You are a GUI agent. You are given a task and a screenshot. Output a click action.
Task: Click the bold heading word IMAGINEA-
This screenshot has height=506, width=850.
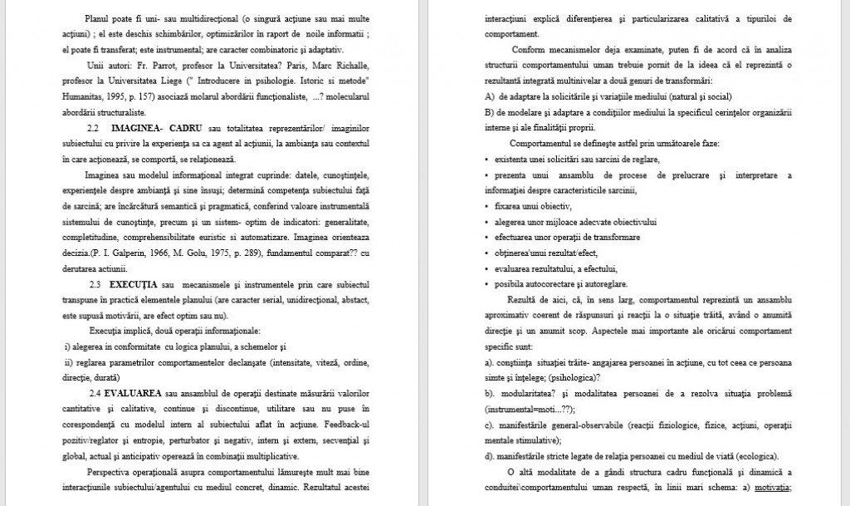coord(138,129)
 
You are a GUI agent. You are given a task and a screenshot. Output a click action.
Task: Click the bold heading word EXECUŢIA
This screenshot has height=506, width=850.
coord(134,284)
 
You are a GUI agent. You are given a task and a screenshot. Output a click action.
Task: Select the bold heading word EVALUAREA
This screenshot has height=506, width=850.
coord(134,392)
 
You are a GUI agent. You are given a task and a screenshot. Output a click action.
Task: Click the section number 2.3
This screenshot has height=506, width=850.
coord(93,284)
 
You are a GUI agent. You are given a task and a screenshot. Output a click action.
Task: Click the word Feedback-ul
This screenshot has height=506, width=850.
coord(344,424)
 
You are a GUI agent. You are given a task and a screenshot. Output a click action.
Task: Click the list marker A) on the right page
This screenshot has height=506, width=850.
coord(490,96)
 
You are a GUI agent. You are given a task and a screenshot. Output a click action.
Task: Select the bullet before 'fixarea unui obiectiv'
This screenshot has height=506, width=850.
coord(486,206)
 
